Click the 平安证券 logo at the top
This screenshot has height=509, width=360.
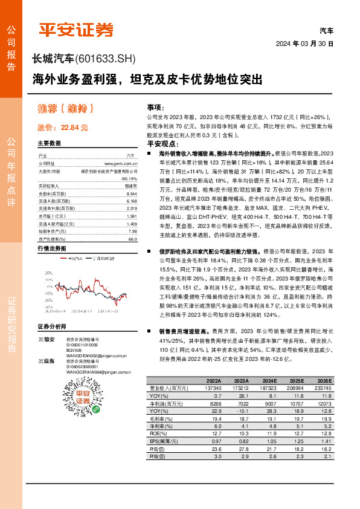pos(76,29)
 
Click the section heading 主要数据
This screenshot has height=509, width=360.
pos(50,143)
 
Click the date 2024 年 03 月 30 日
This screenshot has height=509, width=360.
pos(305,45)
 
